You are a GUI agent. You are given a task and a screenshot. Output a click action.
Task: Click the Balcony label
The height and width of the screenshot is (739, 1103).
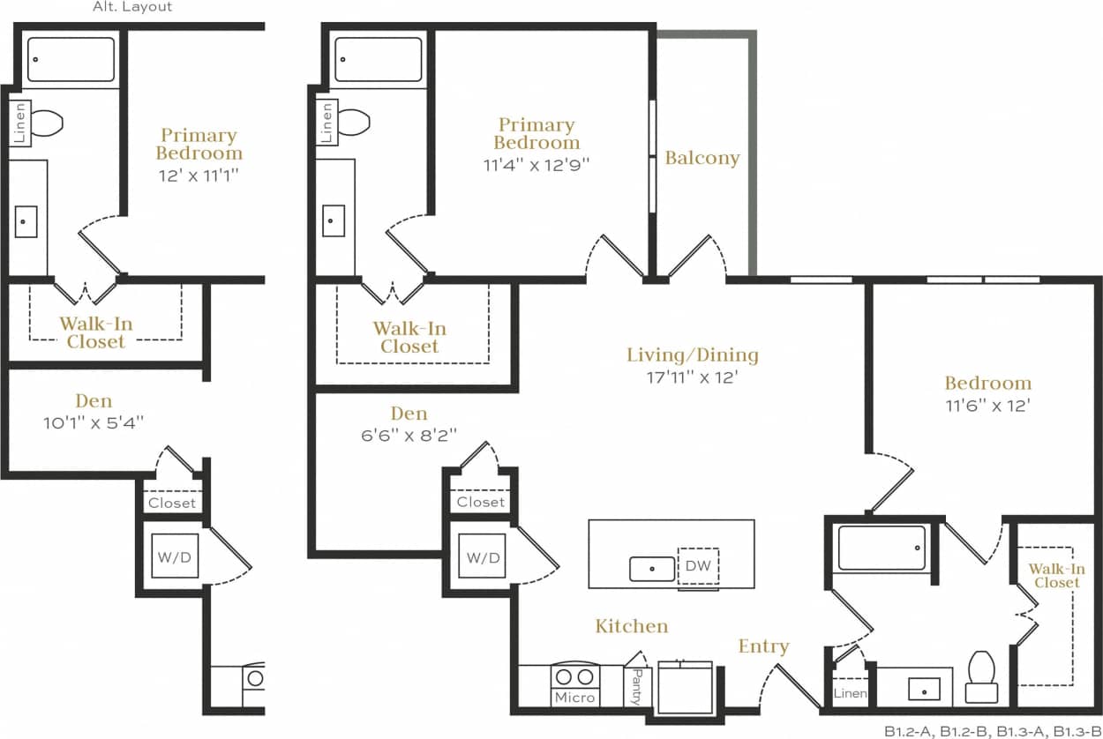coord(702,159)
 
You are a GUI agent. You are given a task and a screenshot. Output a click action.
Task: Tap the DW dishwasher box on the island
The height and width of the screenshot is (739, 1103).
coord(698,566)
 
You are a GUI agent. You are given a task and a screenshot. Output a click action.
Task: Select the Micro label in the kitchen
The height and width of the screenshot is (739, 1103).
coord(575,698)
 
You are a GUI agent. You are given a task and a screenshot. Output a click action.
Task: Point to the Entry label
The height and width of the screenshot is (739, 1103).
coord(763,646)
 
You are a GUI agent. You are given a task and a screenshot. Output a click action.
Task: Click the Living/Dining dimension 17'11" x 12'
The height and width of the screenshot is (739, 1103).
coord(691,377)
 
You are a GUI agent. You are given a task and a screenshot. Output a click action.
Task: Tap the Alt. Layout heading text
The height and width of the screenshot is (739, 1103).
coord(132,7)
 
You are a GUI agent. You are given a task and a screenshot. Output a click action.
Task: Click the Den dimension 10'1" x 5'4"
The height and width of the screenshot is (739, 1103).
coord(94,422)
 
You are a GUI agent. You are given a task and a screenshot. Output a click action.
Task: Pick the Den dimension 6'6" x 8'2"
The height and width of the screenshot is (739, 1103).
coord(409,434)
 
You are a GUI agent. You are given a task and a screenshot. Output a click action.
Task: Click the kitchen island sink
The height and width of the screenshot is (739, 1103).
coord(652,570)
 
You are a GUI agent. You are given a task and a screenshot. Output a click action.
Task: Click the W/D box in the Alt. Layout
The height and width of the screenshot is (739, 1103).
coord(175,557)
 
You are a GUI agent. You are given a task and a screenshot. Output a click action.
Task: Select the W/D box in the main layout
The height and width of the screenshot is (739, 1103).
coord(482,557)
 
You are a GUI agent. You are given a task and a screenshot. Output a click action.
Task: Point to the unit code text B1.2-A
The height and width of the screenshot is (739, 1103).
coord(908,730)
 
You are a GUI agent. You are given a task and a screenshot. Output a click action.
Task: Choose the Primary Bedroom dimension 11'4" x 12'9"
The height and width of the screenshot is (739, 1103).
coord(536,164)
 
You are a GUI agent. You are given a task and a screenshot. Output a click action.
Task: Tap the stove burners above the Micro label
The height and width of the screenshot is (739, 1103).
coord(575,676)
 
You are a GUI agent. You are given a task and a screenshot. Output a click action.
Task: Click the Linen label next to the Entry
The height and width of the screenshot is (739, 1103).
coord(851,694)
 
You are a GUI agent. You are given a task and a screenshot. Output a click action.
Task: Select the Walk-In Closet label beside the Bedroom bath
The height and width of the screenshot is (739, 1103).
coord(1056,576)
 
